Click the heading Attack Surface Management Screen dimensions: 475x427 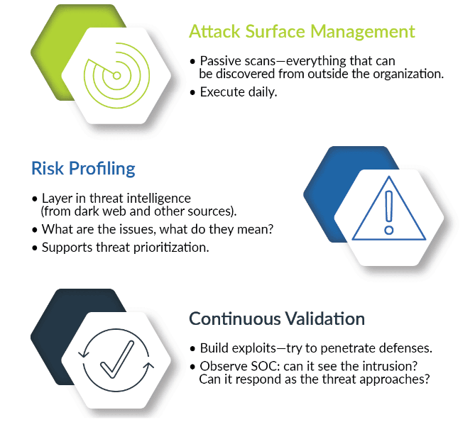pyautogui.click(x=302, y=31)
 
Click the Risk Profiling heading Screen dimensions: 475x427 pyautogui.click(x=83, y=169)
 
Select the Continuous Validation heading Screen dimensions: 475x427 pyautogui.click(x=277, y=318)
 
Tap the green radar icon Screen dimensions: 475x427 pyautogui.click(x=116, y=75)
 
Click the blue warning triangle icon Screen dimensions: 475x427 pyautogui.click(x=389, y=209)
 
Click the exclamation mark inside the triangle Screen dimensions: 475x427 pyautogui.click(x=389, y=213)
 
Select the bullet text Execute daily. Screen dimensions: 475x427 pyautogui.click(x=239, y=92)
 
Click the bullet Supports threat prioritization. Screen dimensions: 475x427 pyautogui.click(x=126, y=248)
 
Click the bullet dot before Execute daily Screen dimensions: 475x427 pyautogui.click(x=192, y=92)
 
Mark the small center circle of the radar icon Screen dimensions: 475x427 pyautogui.click(x=116, y=76)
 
